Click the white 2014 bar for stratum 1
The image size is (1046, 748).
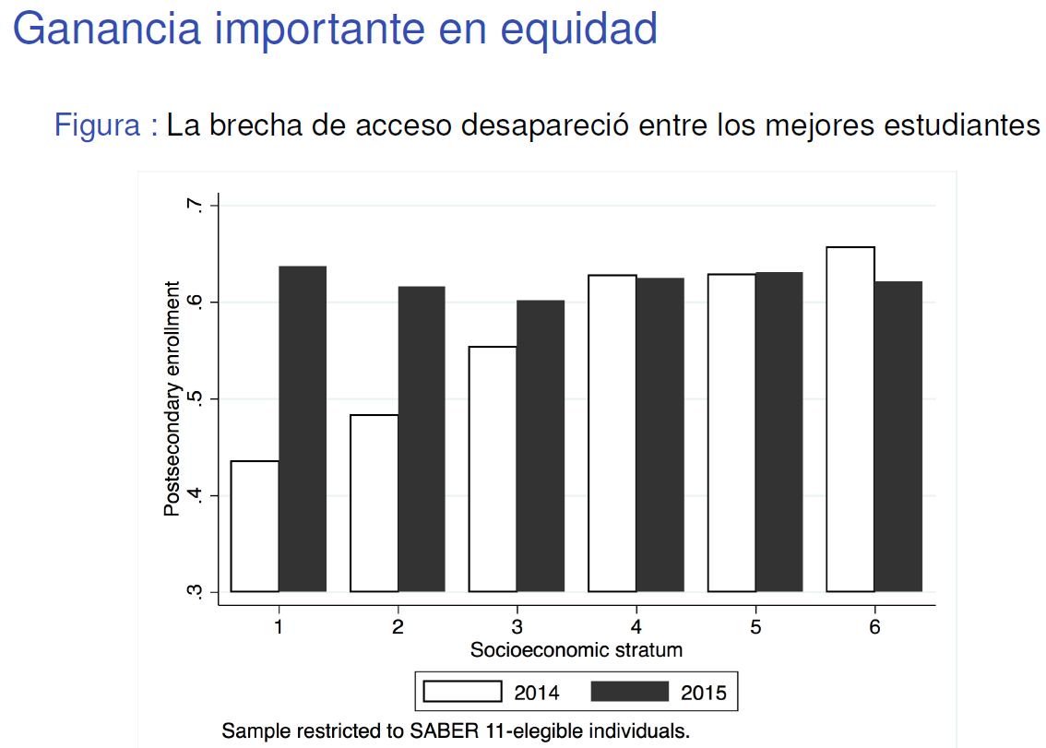pos(256,526)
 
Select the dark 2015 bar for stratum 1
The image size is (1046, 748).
pos(303,429)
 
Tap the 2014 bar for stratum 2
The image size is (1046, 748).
pos(374,503)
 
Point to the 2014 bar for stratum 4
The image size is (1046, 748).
pos(612,433)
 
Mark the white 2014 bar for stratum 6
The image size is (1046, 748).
pos(850,420)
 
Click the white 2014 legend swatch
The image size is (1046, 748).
pos(462,692)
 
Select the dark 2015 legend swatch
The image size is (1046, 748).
pos(628,692)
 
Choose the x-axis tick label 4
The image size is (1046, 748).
pos(636,627)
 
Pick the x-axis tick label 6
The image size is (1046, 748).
pos(874,627)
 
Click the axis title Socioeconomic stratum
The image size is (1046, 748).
pos(576,649)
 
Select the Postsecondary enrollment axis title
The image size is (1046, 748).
pos(172,398)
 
